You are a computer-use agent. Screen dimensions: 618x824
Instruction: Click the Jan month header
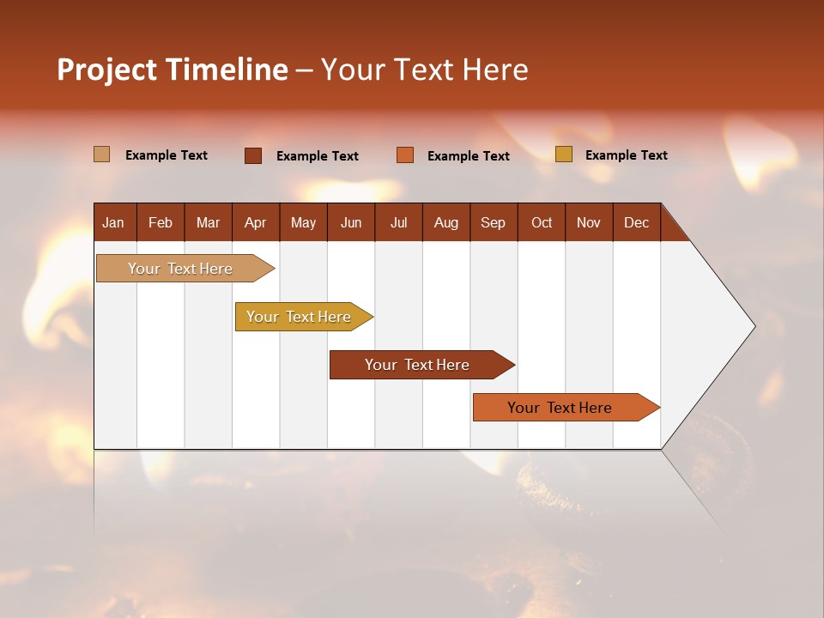tap(113, 222)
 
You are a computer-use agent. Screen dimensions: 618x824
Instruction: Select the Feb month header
tap(161, 222)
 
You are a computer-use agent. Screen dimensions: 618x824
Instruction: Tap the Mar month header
tap(208, 222)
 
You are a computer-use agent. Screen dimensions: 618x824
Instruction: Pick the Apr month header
tap(255, 222)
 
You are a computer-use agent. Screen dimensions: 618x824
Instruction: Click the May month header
tap(303, 222)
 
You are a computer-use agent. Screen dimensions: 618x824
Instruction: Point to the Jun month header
tap(351, 222)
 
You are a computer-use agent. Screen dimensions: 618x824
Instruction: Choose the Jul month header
tap(398, 222)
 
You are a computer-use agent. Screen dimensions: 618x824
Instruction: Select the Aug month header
tap(446, 222)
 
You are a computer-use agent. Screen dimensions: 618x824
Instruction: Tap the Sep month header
tap(494, 222)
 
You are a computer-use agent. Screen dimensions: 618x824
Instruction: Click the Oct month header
tap(542, 222)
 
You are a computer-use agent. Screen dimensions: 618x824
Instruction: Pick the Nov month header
tap(589, 222)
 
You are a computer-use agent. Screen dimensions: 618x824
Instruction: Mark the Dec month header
tap(636, 222)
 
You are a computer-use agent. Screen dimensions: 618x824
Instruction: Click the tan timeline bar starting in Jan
tap(181, 269)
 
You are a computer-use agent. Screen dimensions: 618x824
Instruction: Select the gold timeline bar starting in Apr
tap(300, 317)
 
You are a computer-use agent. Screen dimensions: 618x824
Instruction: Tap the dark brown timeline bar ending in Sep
tap(418, 365)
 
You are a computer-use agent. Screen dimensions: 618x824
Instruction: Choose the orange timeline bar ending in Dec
tap(560, 408)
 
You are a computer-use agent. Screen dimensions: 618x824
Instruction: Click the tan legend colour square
tap(101, 154)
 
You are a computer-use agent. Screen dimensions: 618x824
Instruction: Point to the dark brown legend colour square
tap(253, 155)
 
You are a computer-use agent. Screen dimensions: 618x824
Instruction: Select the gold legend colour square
tap(563, 154)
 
